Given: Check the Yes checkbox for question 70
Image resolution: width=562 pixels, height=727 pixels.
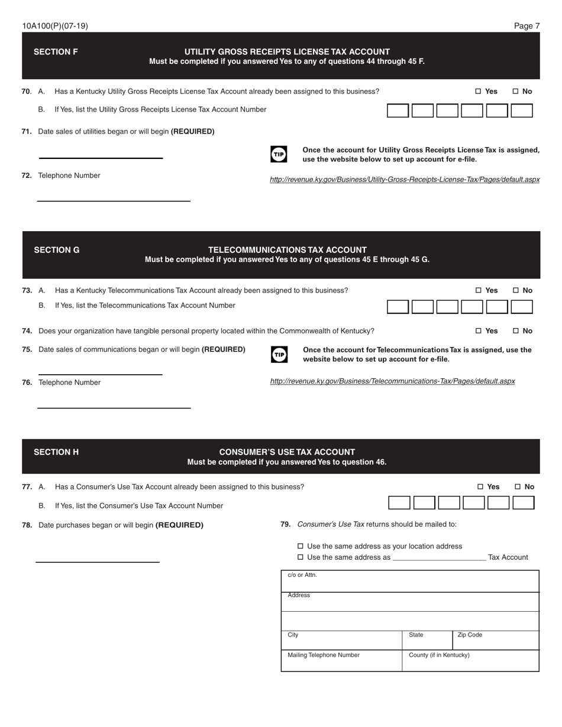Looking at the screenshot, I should click(478, 92).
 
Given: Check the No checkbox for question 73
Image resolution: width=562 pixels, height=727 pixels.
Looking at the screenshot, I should click(515, 291).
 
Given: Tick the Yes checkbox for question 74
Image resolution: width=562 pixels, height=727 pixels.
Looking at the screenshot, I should click(479, 331).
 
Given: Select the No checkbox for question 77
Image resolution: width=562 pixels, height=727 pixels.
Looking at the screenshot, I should click(518, 487).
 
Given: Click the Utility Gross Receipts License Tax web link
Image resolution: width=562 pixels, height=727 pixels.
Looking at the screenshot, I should click(404, 180).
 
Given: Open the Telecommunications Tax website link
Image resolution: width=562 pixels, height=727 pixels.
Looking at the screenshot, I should click(392, 382).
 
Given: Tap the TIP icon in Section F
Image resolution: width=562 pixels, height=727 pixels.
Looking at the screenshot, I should click(279, 154).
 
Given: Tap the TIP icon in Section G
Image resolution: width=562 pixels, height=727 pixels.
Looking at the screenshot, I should click(279, 354).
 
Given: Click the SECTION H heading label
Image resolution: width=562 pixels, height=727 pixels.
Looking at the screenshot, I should click(56, 452).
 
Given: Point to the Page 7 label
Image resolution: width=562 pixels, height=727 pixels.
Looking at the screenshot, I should click(527, 26).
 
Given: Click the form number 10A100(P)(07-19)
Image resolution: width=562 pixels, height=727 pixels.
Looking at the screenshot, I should click(55, 26).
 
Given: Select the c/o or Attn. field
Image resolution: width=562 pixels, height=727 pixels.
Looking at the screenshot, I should click(409, 582).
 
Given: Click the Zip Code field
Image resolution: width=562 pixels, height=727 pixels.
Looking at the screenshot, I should click(496, 641).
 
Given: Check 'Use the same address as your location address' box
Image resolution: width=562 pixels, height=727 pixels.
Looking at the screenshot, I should click(300, 547).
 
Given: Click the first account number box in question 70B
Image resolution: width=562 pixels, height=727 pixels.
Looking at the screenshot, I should click(398, 111).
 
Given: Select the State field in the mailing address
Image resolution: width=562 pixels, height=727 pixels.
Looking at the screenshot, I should click(428, 641).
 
